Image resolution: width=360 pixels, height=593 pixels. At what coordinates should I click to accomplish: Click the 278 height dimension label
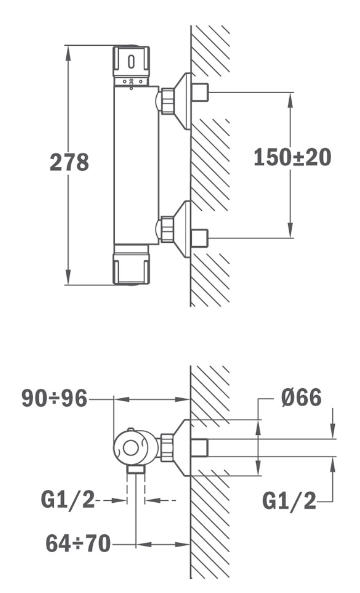tap(69, 162)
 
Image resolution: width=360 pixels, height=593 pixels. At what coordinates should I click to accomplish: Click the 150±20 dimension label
tap(292, 157)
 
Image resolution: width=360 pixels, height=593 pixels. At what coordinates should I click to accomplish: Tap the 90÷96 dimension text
tap(54, 398)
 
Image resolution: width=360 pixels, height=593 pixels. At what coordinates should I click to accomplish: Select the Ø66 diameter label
tap(301, 397)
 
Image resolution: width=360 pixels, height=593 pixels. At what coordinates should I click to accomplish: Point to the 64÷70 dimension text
tap(78, 543)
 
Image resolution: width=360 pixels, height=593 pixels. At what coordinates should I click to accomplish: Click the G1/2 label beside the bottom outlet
tap(68, 500)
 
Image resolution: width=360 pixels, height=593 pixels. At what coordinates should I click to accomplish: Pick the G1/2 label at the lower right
tap(289, 501)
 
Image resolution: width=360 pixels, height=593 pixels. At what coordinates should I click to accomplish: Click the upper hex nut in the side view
tap(168, 101)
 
